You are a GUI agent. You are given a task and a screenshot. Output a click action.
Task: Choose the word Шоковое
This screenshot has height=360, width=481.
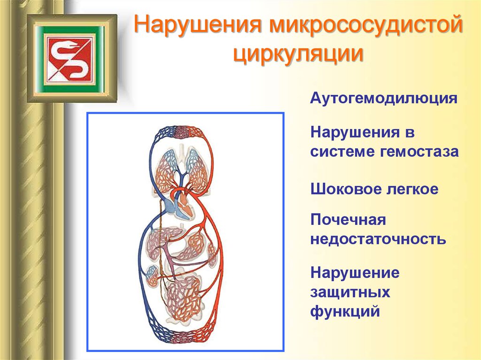pyautogui.click(x=342, y=189)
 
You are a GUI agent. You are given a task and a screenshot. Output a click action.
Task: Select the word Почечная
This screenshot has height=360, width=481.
pyautogui.click(x=348, y=220)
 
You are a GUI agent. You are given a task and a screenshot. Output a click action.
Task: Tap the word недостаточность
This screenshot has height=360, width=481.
pyautogui.click(x=378, y=239)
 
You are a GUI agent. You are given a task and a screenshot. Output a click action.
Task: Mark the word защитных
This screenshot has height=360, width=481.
pyautogui.click(x=350, y=292)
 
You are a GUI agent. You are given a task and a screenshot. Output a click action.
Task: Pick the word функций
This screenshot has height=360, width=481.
pyautogui.click(x=345, y=311)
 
